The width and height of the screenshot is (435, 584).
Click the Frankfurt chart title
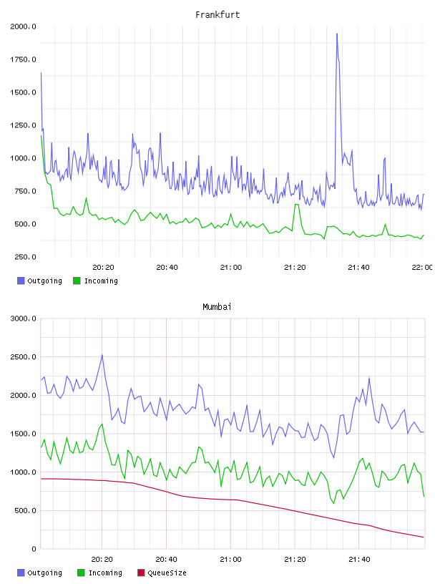point(217,15)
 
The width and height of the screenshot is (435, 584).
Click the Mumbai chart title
point(217,307)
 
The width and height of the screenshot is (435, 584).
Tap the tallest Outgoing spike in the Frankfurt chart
point(337,34)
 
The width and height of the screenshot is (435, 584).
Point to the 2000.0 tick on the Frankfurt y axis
point(23,26)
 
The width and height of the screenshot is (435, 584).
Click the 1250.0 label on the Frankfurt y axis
point(23,125)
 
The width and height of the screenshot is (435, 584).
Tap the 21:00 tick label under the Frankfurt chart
point(231,268)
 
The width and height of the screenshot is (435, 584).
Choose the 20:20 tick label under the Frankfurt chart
point(103,268)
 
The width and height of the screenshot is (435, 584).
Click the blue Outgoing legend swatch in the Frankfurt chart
point(21,281)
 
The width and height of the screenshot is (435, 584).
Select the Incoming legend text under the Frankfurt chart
point(101,281)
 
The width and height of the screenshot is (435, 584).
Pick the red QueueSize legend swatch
point(141,573)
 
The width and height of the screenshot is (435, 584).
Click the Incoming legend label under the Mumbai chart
point(105,573)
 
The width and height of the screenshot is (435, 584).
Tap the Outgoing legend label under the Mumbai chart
point(44,573)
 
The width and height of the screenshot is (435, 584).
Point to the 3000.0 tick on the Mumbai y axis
point(23,318)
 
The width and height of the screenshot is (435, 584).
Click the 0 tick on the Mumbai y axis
point(34,549)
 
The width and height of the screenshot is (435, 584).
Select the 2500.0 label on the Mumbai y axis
point(23,357)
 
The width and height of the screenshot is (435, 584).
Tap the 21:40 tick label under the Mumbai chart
point(359,560)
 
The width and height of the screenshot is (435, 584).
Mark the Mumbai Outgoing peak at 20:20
point(102,355)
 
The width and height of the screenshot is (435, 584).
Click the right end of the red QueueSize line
point(424,537)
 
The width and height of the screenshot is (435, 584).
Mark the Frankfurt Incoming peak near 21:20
point(296,205)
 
